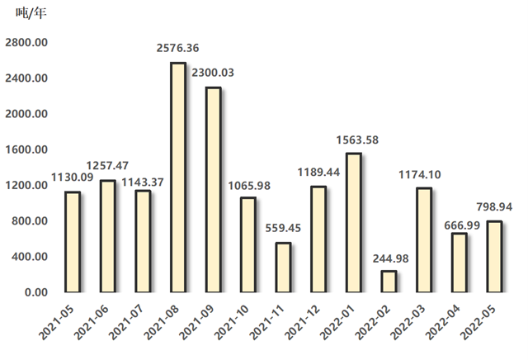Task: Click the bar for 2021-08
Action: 177,178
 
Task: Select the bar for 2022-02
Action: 388,282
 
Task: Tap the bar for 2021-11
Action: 283,268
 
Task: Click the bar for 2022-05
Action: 493,257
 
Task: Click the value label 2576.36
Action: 177,49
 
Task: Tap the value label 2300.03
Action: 212,73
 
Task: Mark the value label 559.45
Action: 283,229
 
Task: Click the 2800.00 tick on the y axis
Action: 27,43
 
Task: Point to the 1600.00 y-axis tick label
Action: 27,149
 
